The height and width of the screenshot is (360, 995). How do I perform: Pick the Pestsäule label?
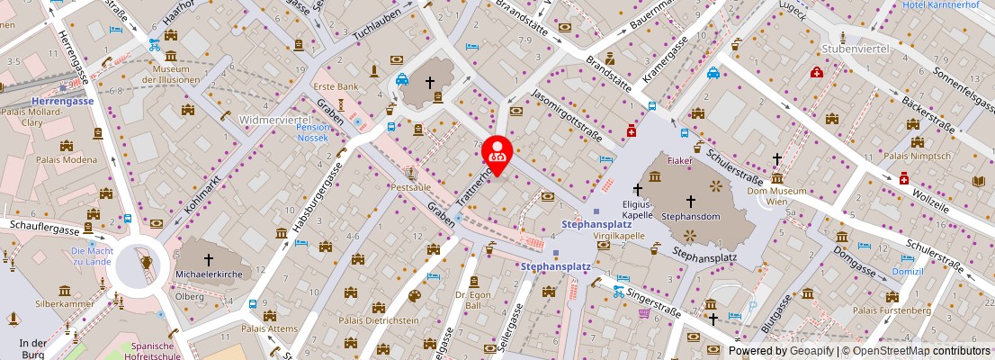pos(410,186)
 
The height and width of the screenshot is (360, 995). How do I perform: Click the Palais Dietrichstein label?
pos(378,319)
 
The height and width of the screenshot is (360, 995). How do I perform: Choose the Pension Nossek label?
pos(313,133)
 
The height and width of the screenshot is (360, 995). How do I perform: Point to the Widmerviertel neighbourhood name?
pos(274,119)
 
